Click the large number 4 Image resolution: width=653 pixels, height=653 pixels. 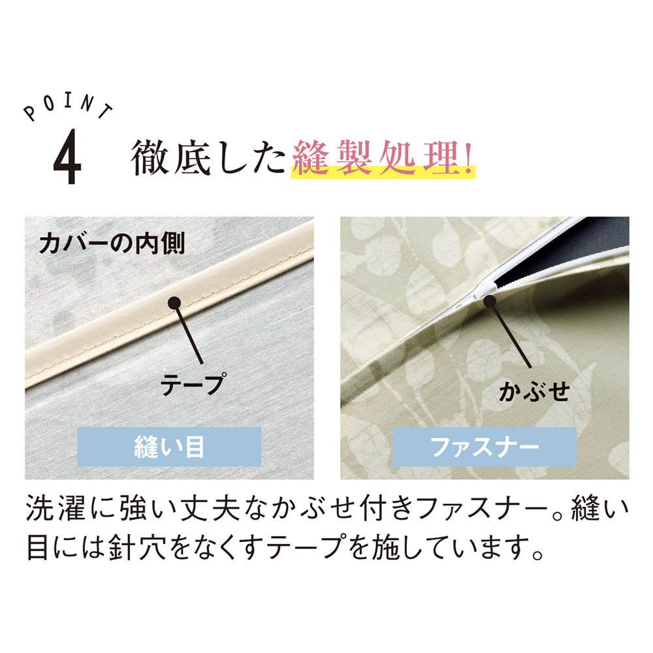67,156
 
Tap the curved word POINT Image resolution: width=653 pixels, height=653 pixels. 68,108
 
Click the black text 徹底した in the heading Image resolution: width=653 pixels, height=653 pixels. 208,157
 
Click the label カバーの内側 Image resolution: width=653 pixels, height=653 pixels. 112,243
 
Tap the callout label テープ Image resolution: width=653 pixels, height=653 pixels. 193,383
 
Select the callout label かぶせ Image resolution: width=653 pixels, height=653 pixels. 534,391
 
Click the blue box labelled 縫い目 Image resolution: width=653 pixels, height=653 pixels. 169,447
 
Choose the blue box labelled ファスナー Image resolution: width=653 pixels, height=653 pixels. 485,447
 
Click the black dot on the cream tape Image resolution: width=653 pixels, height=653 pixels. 174,303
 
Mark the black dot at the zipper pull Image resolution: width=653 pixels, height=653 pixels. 490,300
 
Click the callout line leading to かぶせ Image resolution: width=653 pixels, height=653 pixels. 511,334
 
